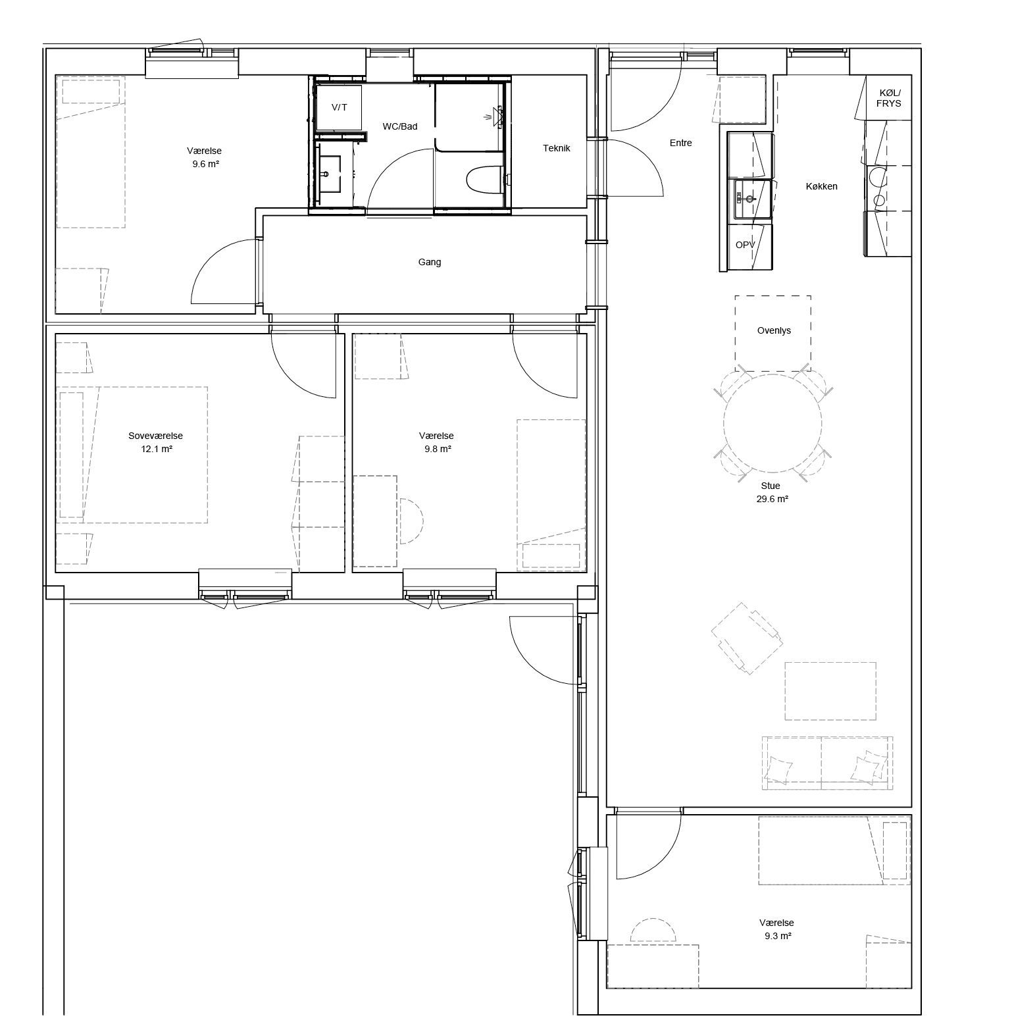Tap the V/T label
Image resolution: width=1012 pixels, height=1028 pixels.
[x=339, y=107]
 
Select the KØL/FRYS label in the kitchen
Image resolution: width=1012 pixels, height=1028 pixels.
[x=888, y=99]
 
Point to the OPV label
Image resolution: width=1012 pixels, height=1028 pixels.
[x=746, y=245]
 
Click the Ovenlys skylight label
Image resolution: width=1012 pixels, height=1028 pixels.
[x=774, y=330]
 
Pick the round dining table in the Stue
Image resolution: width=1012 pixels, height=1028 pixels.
[x=772, y=423]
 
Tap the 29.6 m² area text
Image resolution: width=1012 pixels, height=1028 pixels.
[x=772, y=499]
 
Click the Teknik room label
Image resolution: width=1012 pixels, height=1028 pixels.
[x=556, y=148]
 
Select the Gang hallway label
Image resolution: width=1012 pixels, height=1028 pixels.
[x=430, y=262]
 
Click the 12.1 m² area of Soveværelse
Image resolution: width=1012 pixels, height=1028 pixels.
[x=157, y=449]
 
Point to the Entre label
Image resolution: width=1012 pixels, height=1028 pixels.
[x=680, y=143]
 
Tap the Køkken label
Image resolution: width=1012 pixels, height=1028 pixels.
[x=822, y=186]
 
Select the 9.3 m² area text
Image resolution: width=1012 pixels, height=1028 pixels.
[x=778, y=936]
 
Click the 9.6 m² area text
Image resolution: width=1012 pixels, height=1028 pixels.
[x=205, y=164]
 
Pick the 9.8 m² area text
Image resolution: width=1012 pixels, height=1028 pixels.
[x=437, y=449]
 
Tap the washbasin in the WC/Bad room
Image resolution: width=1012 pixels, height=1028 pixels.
[x=329, y=174]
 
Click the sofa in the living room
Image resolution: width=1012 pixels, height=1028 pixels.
[x=828, y=763]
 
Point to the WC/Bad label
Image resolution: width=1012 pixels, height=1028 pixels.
[x=400, y=126]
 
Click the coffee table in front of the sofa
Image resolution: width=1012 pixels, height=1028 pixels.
[x=830, y=691]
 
